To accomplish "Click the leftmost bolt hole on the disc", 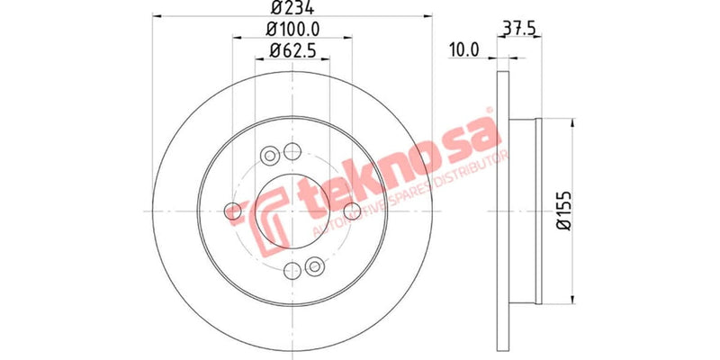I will pyautogui.click(x=233, y=211).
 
